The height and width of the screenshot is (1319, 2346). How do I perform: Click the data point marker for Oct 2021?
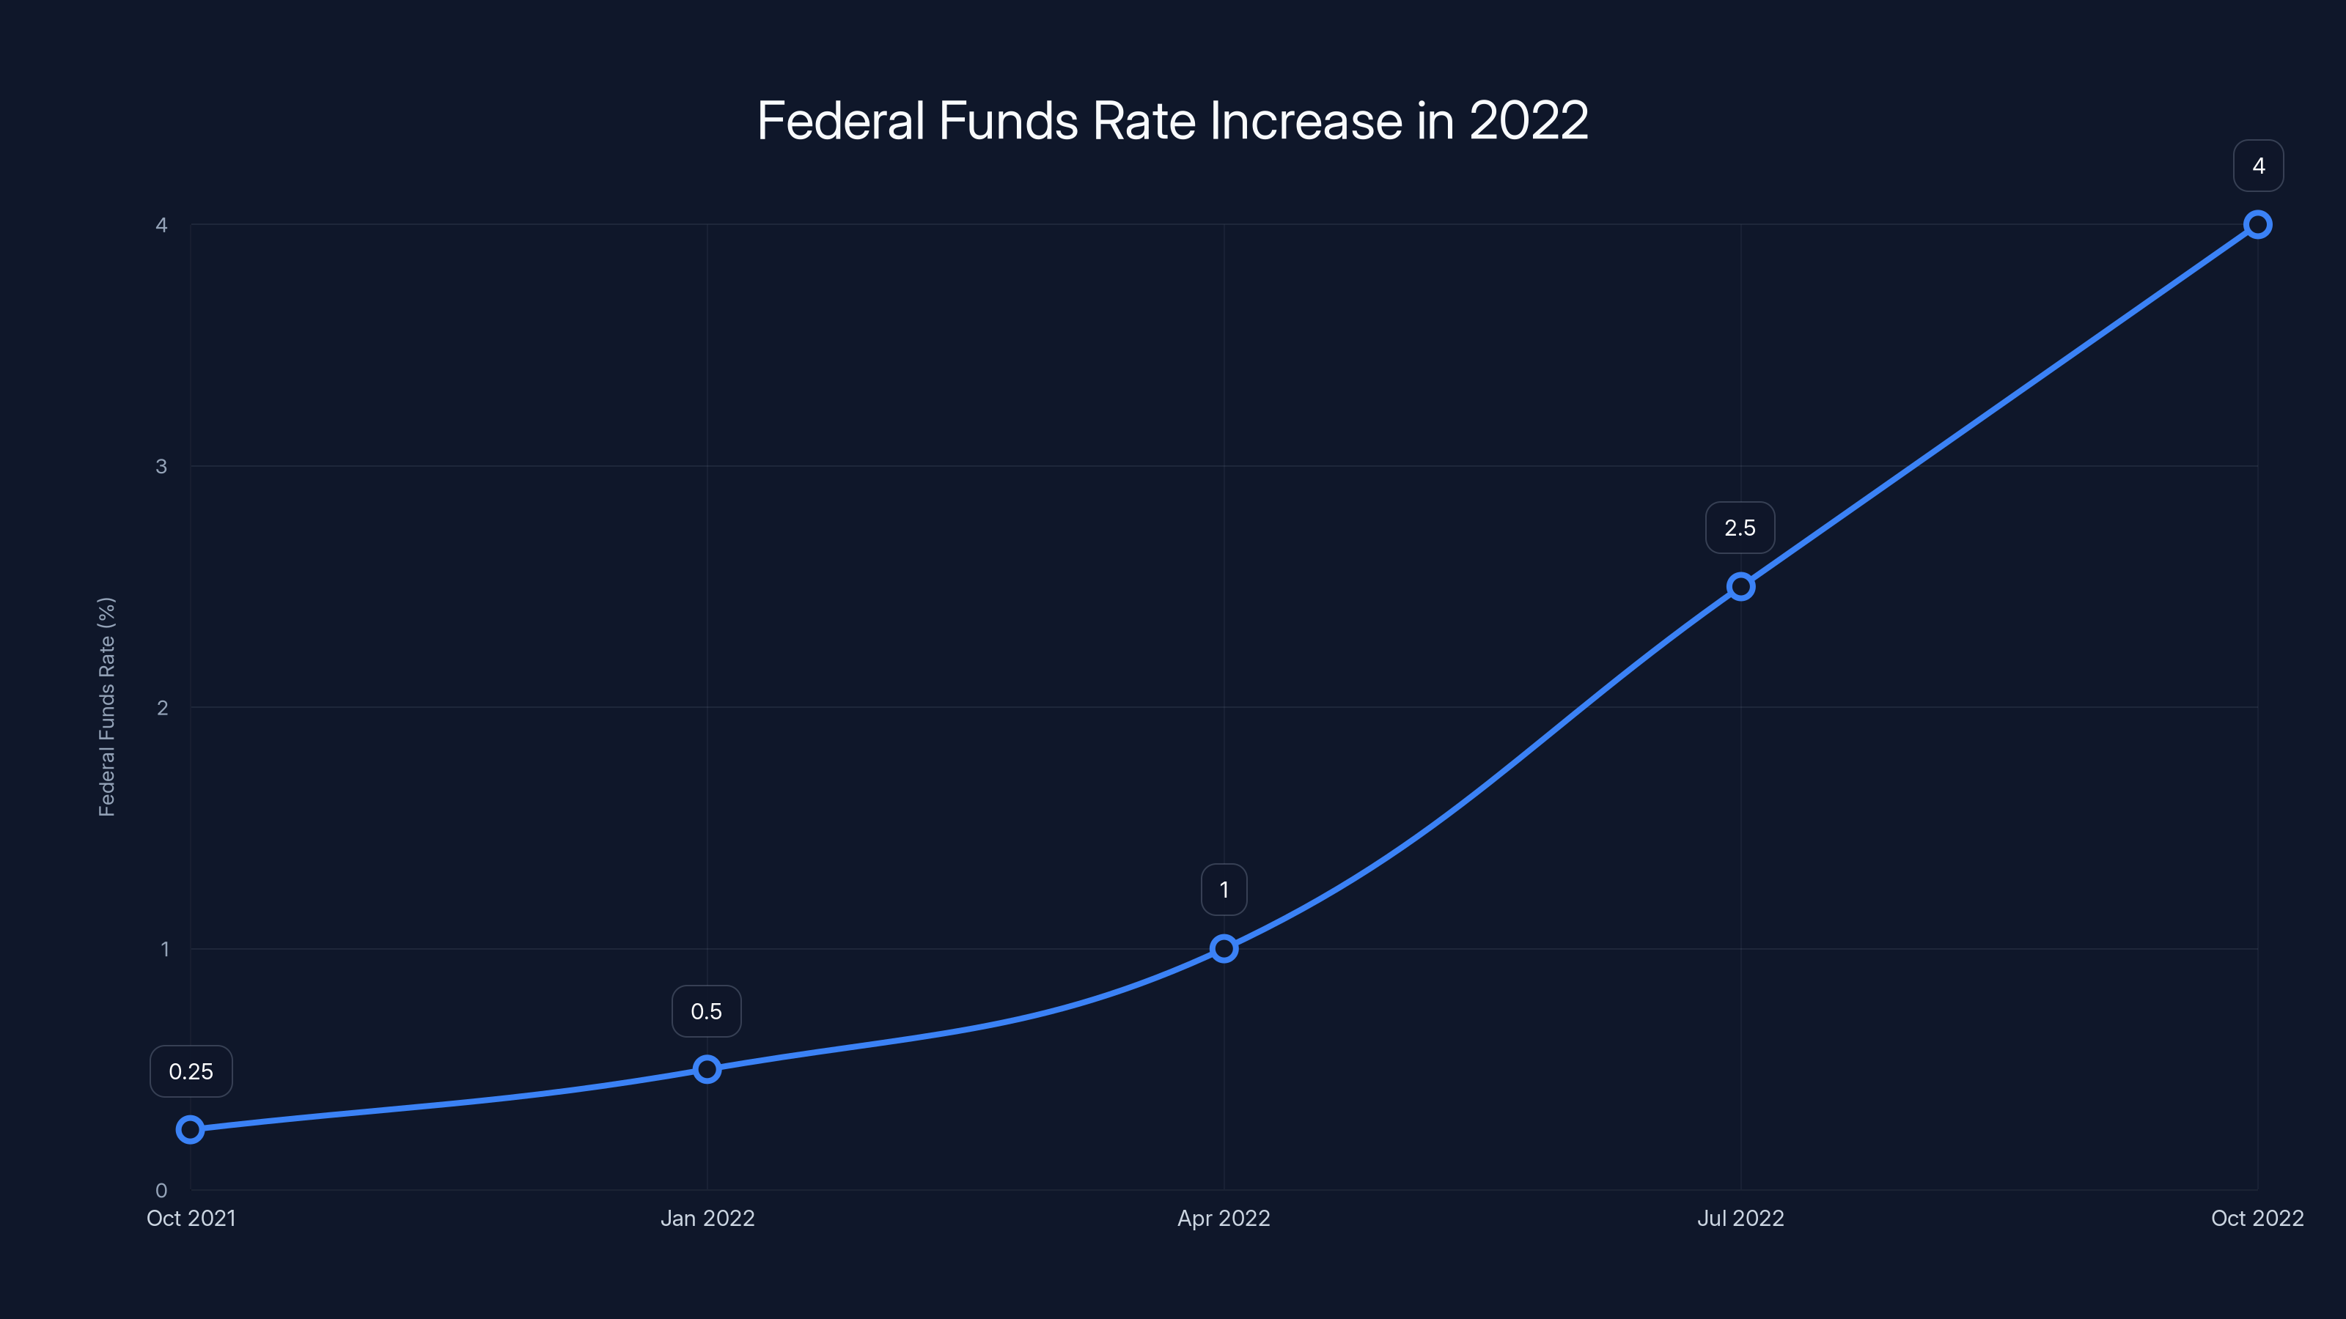(x=191, y=1130)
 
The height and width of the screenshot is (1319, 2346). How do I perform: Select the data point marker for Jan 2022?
(x=707, y=1068)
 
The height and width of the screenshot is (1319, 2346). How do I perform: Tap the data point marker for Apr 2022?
(x=1224, y=948)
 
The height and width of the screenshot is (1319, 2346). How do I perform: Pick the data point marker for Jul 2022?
(x=1740, y=586)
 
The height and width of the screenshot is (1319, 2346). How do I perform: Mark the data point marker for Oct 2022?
(x=2258, y=225)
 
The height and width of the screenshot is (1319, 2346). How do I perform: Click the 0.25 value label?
(x=191, y=1071)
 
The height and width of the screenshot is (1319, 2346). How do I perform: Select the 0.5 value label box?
(x=707, y=1011)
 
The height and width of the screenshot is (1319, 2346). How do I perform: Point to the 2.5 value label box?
(x=1740, y=528)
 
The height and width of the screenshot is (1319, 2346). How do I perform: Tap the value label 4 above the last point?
(x=2259, y=166)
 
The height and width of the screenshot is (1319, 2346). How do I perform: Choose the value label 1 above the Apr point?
(x=1224, y=890)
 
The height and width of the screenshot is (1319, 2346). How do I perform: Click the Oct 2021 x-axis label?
(x=191, y=1218)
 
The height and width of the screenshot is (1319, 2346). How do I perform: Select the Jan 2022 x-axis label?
(x=707, y=1218)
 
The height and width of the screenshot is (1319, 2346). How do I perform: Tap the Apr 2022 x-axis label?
(x=1224, y=1218)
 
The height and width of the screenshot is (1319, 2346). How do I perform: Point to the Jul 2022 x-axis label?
(x=1740, y=1218)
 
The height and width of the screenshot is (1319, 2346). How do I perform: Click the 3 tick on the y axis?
(x=161, y=466)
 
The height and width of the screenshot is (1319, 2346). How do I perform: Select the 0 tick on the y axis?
(x=161, y=1190)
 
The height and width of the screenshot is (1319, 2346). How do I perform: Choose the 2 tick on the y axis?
(x=162, y=707)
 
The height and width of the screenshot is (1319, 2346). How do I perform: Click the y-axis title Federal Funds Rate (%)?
(x=106, y=706)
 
